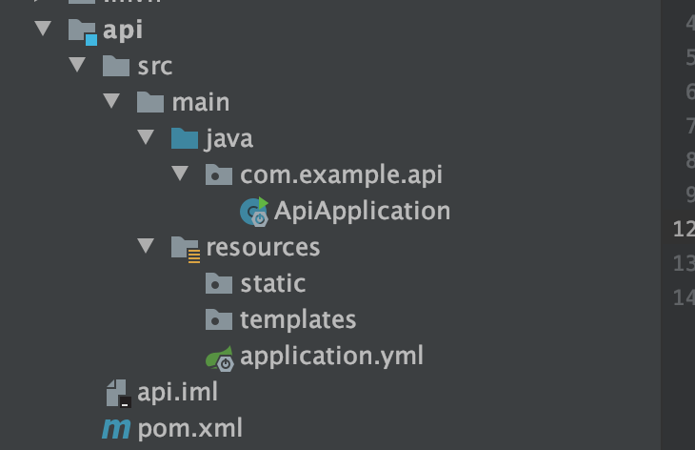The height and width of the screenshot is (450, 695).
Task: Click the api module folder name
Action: [123, 30]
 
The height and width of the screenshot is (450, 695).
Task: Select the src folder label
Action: [154, 66]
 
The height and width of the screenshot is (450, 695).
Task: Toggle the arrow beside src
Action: [77, 65]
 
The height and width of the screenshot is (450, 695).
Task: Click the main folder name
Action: [200, 102]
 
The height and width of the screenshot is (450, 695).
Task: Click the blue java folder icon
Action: [184, 138]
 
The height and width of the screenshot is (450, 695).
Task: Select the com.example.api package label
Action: [341, 174]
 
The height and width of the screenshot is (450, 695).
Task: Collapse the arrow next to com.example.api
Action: [181, 174]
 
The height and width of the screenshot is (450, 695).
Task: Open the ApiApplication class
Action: [362, 211]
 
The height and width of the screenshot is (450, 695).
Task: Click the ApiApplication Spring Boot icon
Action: [254, 212]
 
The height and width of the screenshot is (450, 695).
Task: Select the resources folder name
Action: [263, 247]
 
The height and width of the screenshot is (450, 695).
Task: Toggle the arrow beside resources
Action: [146, 246]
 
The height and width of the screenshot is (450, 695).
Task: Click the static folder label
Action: [272, 283]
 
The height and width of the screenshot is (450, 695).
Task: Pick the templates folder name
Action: [298, 319]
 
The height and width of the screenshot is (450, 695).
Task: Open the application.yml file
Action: [331, 356]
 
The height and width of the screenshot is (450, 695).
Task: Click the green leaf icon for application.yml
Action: [220, 358]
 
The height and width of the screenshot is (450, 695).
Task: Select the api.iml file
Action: [177, 392]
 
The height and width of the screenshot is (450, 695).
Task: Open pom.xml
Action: [189, 428]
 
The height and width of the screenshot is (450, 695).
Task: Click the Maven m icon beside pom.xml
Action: [116, 429]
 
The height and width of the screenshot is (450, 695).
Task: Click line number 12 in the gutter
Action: [683, 229]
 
